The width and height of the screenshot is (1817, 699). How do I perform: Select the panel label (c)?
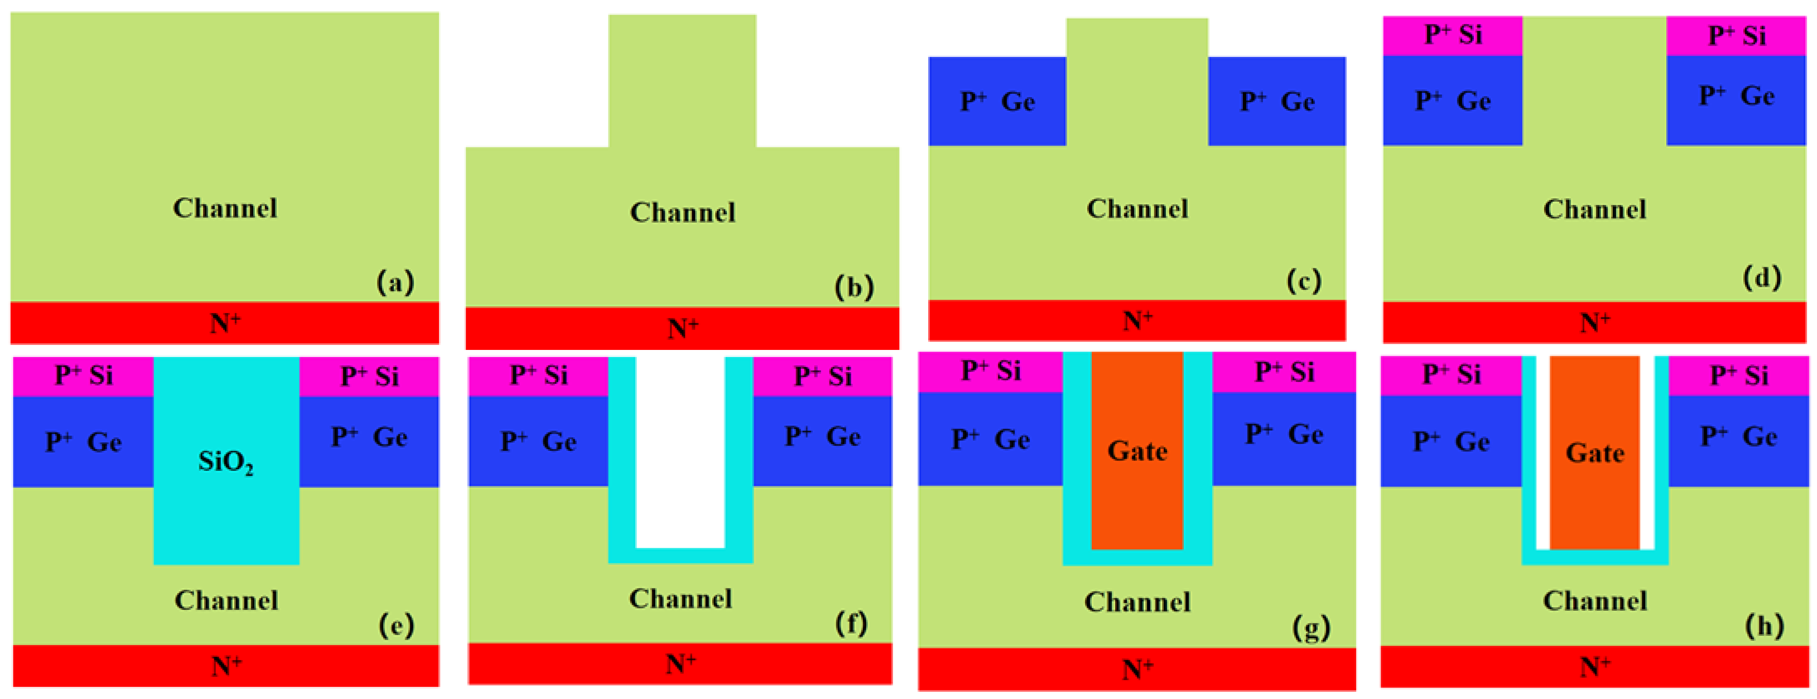pyautogui.click(x=1304, y=281)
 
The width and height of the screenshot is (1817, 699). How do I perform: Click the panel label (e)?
pyautogui.click(x=396, y=625)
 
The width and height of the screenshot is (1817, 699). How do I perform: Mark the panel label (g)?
pyautogui.click(x=1311, y=627)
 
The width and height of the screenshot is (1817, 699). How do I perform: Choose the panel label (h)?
pyautogui.click(x=1764, y=626)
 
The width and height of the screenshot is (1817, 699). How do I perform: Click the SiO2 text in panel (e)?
pyautogui.click(x=226, y=462)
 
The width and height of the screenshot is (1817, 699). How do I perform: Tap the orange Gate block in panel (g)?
pyautogui.click(x=1137, y=452)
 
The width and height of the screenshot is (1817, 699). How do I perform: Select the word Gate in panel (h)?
pyautogui.click(x=1595, y=453)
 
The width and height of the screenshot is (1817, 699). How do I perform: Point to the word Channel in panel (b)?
pyautogui.click(x=682, y=212)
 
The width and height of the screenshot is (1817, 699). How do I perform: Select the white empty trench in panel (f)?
pyautogui.click(x=680, y=452)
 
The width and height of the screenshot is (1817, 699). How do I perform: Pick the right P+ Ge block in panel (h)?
pyautogui.click(x=1737, y=437)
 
